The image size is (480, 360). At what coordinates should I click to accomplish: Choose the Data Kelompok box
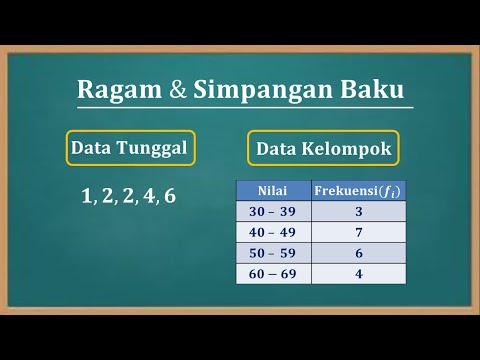tap(323, 150)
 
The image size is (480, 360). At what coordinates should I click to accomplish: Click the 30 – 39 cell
tap(273, 211)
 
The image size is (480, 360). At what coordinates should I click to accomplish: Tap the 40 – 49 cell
tap(273, 232)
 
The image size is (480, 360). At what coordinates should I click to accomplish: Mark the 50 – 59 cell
tap(273, 253)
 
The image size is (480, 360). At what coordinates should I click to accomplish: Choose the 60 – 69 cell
tap(273, 274)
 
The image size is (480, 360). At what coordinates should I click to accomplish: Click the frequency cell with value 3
tap(359, 211)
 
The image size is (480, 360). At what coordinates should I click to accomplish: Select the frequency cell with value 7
tap(359, 232)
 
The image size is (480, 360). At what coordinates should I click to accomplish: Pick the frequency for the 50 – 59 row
tap(359, 253)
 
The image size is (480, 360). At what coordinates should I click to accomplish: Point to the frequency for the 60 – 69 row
tap(359, 274)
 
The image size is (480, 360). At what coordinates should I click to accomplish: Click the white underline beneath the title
tap(245, 108)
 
